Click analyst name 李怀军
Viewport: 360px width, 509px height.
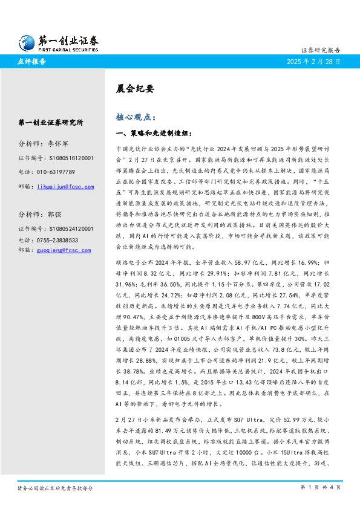pyautogui.click(x=59, y=145)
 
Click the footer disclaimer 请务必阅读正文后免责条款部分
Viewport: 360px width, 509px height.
pyautogui.click(x=54, y=487)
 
